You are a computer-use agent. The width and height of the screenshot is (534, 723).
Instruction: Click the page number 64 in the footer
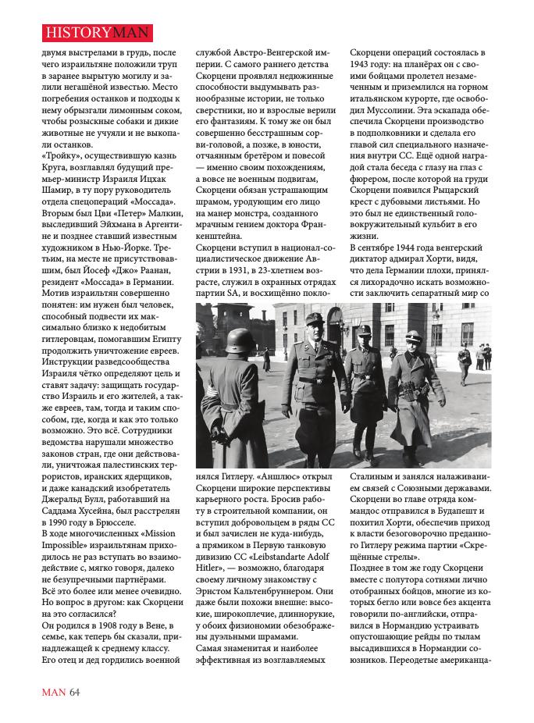coord(74,691)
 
